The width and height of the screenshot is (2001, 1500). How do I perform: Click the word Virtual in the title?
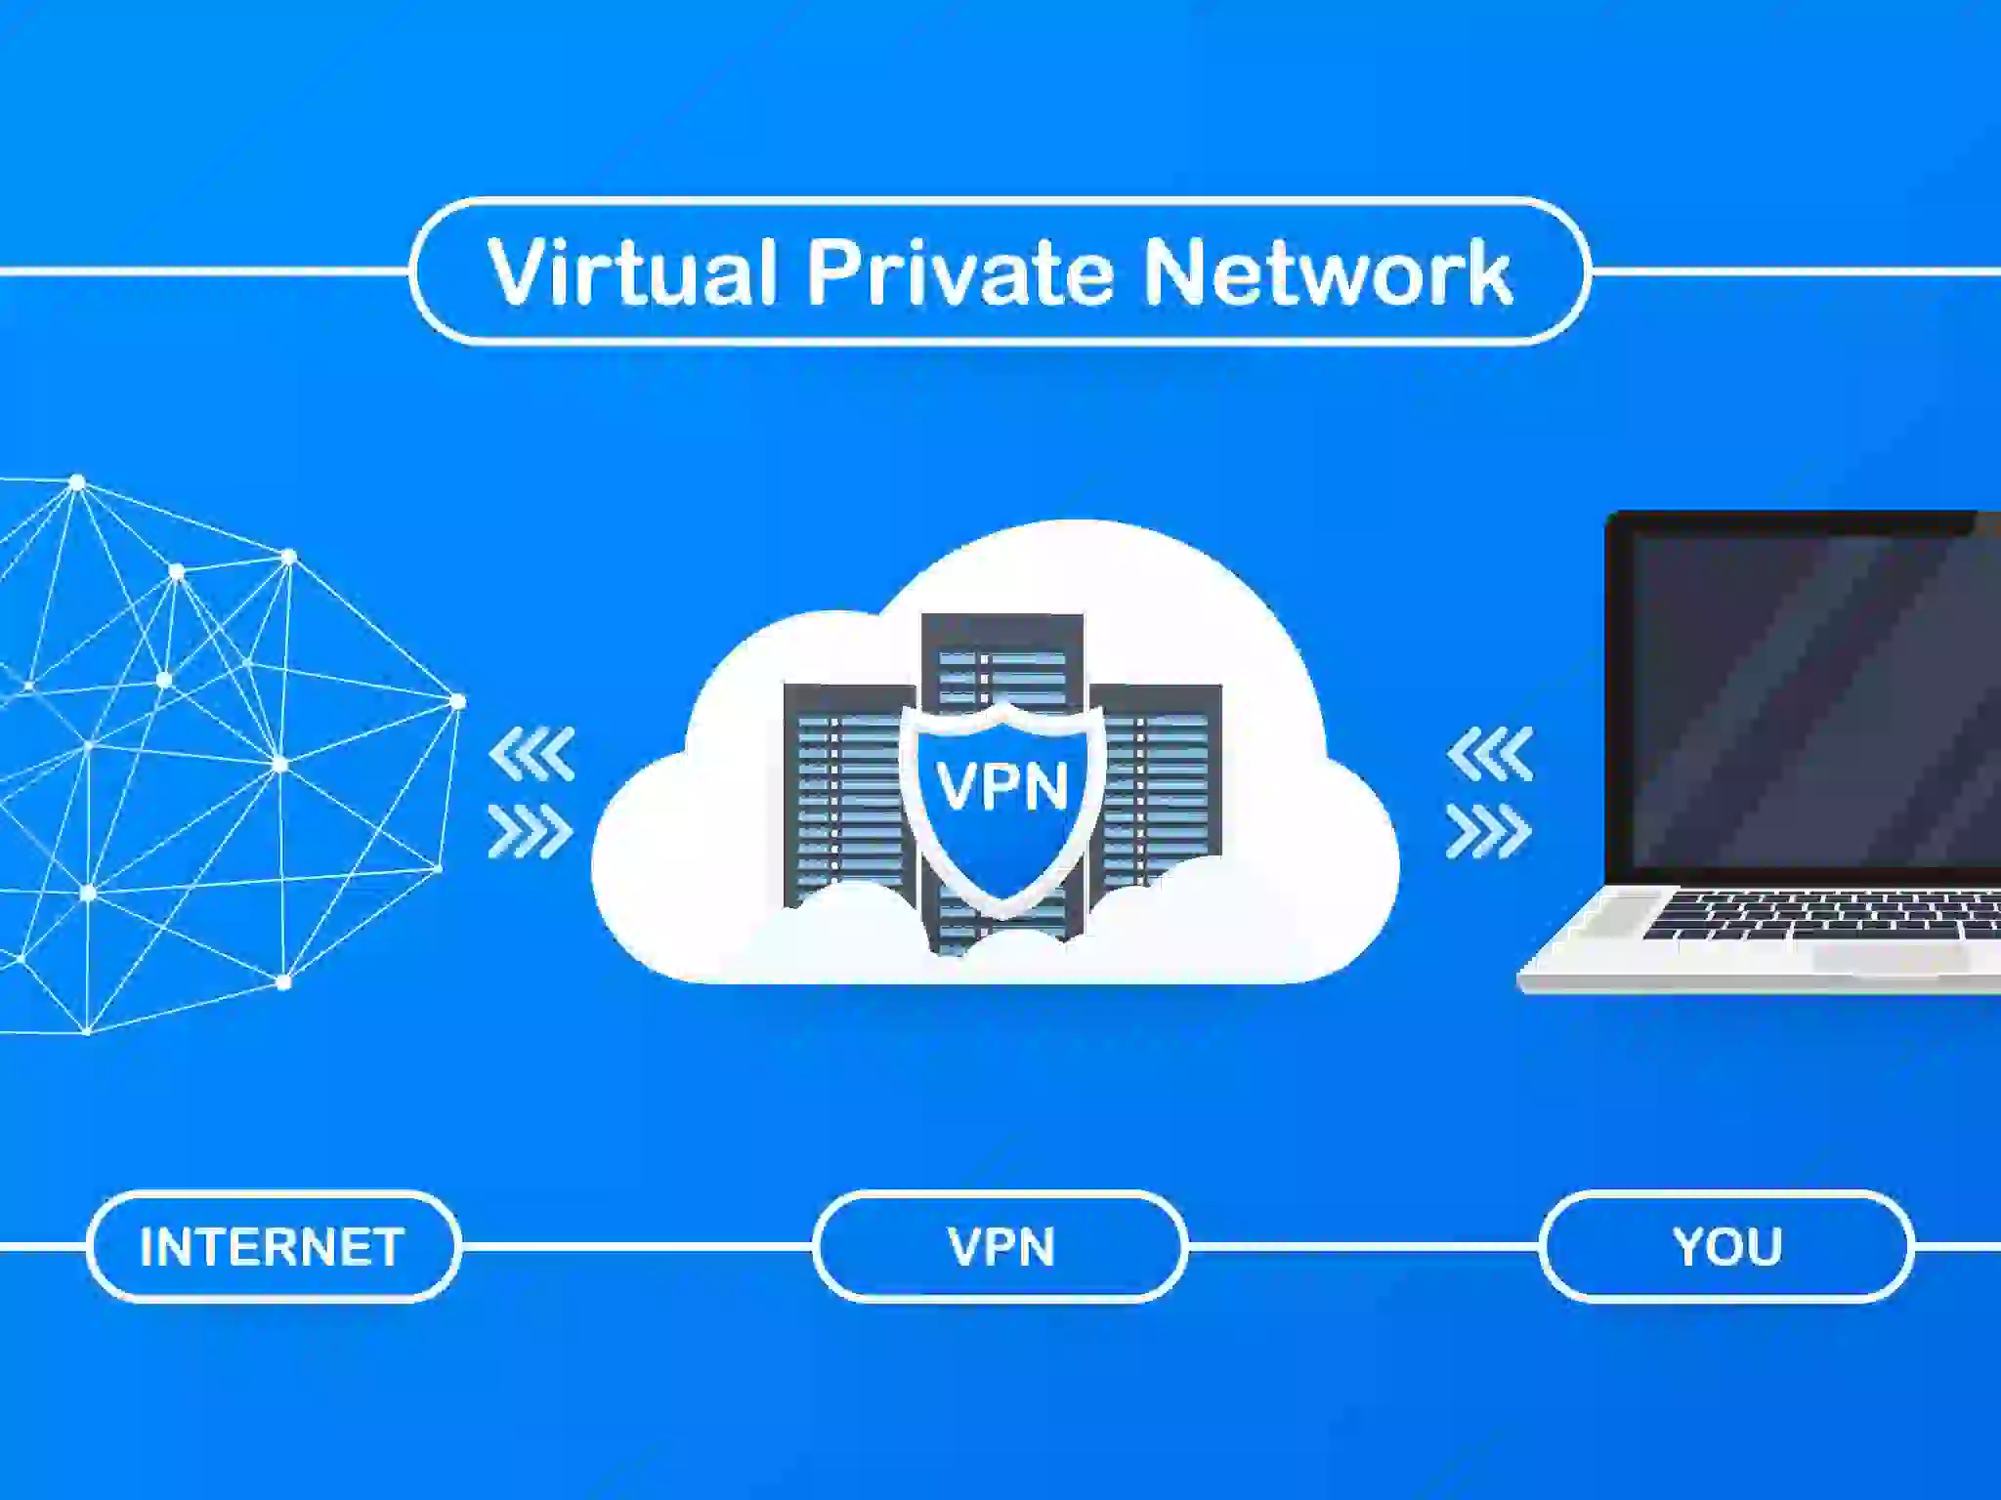(x=632, y=271)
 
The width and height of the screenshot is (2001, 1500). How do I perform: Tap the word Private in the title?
(x=960, y=271)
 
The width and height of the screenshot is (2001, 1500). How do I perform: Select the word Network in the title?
(x=1328, y=271)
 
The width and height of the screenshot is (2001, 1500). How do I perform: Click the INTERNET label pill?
(x=273, y=1247)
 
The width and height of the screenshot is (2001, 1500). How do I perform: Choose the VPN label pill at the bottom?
(x=1000, y=1247)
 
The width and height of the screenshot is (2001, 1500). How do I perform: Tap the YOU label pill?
(x=1726, y=1247)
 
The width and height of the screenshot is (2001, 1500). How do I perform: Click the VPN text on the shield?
(x=1002, y=786)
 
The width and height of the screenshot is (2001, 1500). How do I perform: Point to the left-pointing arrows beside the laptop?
(x=1490, y=754)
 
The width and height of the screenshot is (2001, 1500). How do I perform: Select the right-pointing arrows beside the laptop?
(x=1489, y=832)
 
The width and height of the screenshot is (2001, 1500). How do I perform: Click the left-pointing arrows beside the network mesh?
(x=532, y=754)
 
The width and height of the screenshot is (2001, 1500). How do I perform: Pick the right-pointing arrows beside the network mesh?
(x=532, y=832)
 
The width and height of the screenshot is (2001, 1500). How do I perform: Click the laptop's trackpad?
(x=1891, y=957)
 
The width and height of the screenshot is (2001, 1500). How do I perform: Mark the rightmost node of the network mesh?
(x=457, y=701)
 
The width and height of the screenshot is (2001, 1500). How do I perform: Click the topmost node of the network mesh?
(x=77, y=482)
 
